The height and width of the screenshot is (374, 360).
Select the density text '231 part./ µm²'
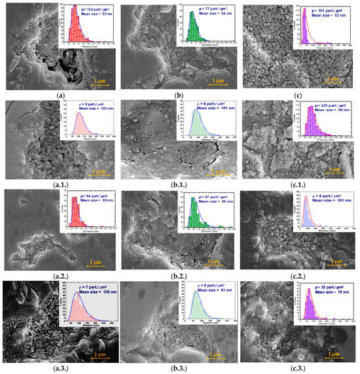(330, 101)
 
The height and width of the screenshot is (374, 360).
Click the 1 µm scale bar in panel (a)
(96, 82)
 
